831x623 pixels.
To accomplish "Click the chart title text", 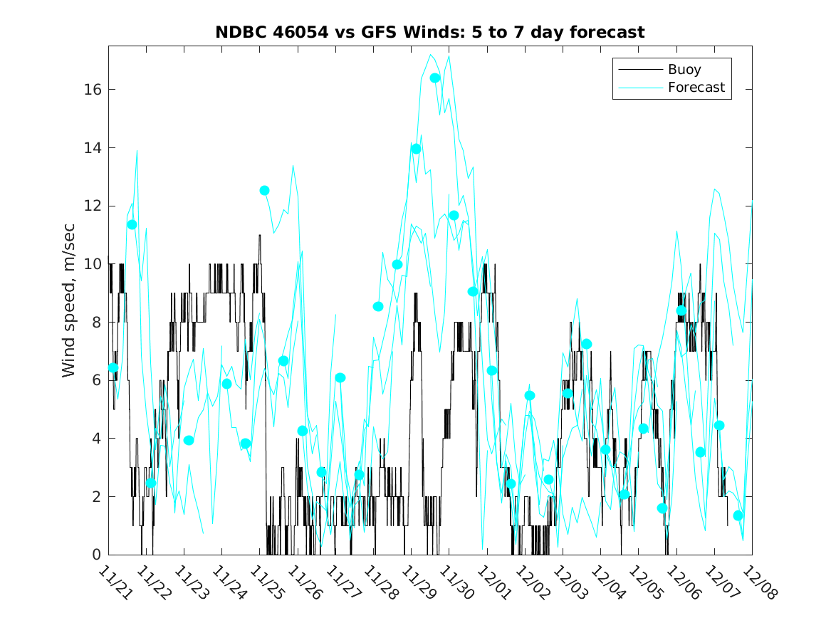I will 430,33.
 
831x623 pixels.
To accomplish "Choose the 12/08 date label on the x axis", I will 758,582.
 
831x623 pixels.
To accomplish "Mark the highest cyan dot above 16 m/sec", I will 435,78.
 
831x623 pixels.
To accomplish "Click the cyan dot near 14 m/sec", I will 417,149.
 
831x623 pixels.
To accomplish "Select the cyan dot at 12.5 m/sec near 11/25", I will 265,190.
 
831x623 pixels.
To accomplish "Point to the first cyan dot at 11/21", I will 113,367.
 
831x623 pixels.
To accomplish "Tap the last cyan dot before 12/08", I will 738,515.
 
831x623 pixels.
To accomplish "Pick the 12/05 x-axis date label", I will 644,582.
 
